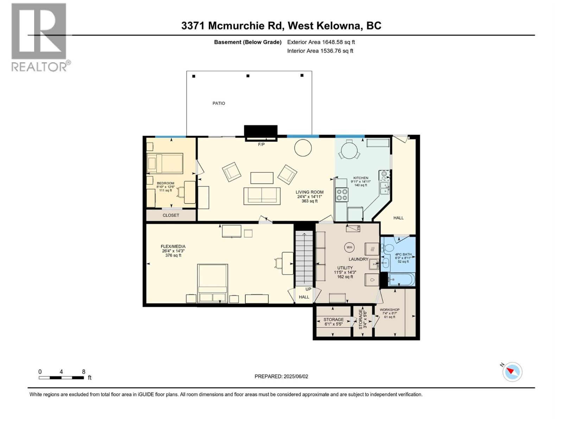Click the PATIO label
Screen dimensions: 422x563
coord(219,103)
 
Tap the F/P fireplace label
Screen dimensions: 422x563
coord(261,145)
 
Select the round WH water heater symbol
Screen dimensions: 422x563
coord(349,247)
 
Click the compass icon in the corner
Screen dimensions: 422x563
coord(512,372)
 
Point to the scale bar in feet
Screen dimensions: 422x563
coord(62,378)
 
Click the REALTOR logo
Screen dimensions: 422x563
coord(39,37)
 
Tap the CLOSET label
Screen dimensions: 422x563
coord(171,215)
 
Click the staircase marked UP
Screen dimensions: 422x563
coord(304,258)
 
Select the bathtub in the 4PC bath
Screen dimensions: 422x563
coord(401,280)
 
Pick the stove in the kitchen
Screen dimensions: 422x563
coord(341,195)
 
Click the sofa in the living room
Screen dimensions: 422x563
coord(262,196)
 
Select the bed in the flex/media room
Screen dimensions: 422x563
coord(213,283)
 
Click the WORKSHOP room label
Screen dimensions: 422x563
coord(389,310)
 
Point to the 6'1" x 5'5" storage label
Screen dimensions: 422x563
coord(333,322)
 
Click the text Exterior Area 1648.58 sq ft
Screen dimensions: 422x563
coord(321,42)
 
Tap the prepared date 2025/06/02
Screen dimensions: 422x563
coord(281,376)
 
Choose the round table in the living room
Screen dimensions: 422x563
coord(303,148)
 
